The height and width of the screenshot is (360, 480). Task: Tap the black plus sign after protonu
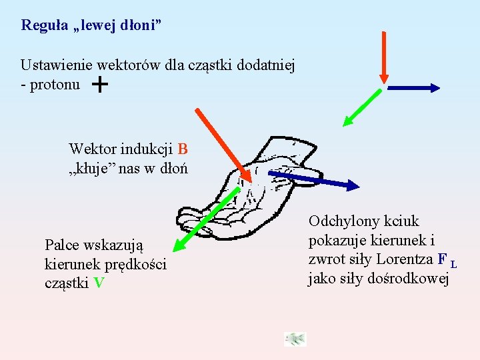pyautogui.click(x=99, y=85)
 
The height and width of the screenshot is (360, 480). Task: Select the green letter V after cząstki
pyautogui.click(x=99, y=282)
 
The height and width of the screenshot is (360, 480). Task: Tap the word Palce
pyautogui.click(x=61, y=245)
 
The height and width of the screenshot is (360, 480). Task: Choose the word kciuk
pyautogui.click(x=401, y=221)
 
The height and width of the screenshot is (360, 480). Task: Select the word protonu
pyautogui.click(x=54, y=85)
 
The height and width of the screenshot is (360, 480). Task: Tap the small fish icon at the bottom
pyautogui.click(x=295, y=339)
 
